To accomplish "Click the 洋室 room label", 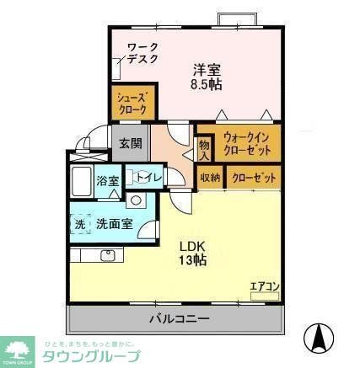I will (x=206, y=68).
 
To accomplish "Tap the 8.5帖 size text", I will (x=206, y=84).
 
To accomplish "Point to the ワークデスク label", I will (x=142, y=53).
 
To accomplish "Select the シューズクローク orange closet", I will (x=132, y=104).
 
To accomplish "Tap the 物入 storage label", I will (x=203, y=150).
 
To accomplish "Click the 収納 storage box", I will (x=210, y=178).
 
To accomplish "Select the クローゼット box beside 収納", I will (x=251, y=178).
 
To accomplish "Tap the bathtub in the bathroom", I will (x=81, y=180).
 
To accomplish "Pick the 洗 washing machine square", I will (x=80, y=225).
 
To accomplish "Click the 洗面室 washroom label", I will (x=113, y=225).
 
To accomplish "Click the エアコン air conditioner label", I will (x=264, y=286).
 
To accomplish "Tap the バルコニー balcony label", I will (x=180, y=318).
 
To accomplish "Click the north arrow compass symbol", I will (x=319, y=339).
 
